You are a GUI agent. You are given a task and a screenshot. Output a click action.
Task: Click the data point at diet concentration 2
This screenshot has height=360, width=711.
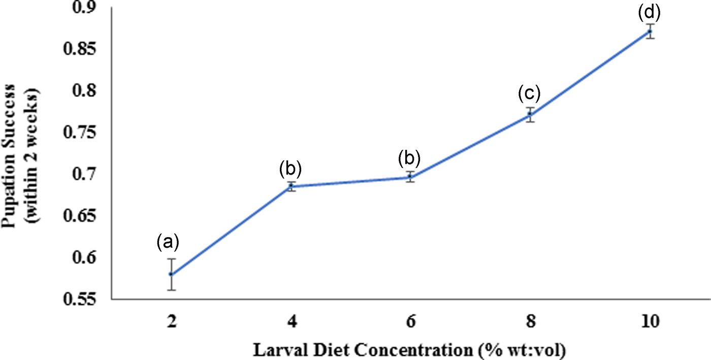pyautogui.click(x=171, y=274)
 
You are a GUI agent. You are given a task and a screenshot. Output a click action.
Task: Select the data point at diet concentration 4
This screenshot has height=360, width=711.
pyautogui.click(x=291, y=186)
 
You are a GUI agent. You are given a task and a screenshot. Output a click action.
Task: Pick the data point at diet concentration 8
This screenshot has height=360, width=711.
pyautogui.click(x=530, y=115)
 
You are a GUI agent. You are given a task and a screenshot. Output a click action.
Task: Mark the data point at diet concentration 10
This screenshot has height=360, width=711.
pyautogui.click(x=650, y=31)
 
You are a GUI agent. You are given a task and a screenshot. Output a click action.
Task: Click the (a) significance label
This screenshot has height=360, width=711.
pyautogui.click(x=168, y=243)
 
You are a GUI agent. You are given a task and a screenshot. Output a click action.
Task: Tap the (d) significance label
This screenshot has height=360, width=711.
pyautogui.click(x=650, y=11)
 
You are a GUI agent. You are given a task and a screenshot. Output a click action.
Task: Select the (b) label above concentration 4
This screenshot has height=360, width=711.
pyautogui.click(x=290, y=169)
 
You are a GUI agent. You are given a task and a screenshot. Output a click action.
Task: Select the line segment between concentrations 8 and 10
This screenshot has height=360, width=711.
pyautogui.click(x=590, y=73)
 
